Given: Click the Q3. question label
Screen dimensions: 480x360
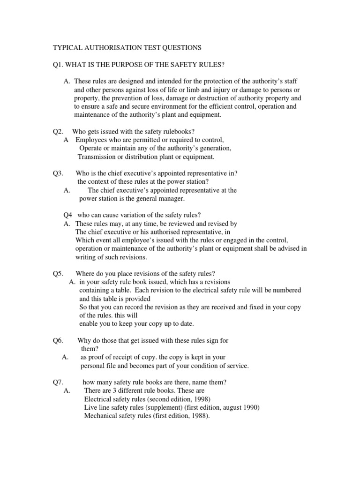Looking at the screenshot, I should click(58, 173).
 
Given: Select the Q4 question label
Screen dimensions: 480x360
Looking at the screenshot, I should click(68, 216).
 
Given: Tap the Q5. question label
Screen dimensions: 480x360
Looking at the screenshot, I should click(58, 274).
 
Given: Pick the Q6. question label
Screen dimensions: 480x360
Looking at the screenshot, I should click(58, 340).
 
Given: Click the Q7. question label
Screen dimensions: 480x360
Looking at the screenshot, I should click(58, 382).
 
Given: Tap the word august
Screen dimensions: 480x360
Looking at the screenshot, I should click(230, 407).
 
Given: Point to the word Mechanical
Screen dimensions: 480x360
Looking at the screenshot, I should click(101, 416).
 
